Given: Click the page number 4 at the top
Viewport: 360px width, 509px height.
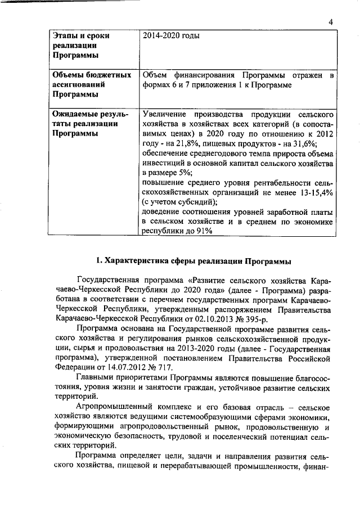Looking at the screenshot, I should click(332, 22).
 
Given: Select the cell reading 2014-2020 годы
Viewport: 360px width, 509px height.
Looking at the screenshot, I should click(171, 35).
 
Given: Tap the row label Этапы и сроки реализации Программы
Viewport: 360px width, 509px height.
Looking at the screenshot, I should click(80, 46).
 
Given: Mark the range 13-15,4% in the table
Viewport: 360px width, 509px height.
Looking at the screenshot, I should click(313, 193).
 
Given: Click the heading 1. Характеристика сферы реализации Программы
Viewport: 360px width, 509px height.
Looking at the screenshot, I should click(193, 261).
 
